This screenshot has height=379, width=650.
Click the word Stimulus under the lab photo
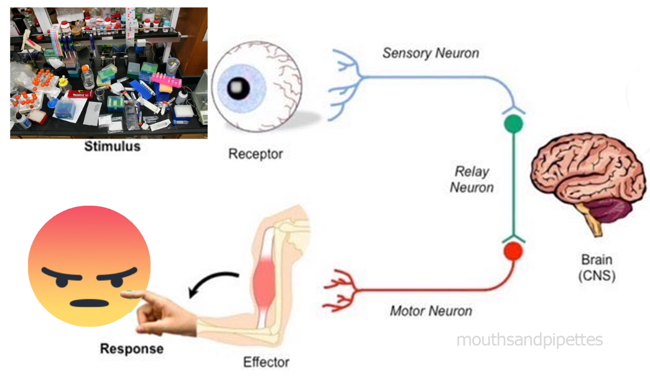coord(113,146)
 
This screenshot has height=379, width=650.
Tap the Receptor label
coord(256,154)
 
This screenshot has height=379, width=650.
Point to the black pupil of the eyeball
coord(238,88)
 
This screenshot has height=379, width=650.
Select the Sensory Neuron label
coord(430,53)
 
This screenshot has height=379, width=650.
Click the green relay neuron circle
coord(513,124)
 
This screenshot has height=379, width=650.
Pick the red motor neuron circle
coord(513,251)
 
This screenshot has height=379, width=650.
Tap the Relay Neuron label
coord(471,180)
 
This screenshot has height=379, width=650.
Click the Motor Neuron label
coord(430,311)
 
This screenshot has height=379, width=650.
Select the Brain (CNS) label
coord(597,268)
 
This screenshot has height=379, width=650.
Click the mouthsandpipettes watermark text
coord(529,340)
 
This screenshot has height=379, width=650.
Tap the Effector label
coord(266,362)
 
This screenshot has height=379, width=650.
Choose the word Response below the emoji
coord(132,349)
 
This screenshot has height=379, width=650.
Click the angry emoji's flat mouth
coord(90,303)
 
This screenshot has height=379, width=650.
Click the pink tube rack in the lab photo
coord(166,79)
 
